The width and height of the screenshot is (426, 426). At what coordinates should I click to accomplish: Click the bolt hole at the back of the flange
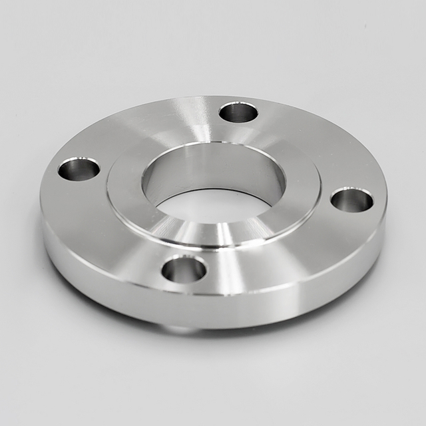pyautogui.click(x=238, y=112)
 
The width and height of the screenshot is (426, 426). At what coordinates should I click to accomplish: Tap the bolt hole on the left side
pyautogui.click(x=79, y=168)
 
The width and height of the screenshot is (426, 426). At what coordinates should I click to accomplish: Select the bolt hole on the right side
pyautogui.click(x=352, y=200)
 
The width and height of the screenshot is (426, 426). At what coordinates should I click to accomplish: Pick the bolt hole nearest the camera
pyautogui.click(x=184, y=269)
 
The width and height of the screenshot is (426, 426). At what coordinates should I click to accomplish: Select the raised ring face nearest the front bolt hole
pyautogui.click(x=193, y=234)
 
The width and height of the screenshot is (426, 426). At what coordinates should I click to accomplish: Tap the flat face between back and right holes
pyautogui.click(x=313, y=143)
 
